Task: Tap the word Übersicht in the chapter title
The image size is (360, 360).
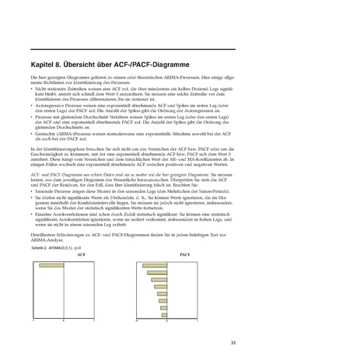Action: pos(93,65)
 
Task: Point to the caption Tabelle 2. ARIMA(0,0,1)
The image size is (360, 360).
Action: pos(55,257)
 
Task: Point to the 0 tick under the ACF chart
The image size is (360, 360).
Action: pos(62,320)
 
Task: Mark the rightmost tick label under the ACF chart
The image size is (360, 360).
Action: pos(93,320)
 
